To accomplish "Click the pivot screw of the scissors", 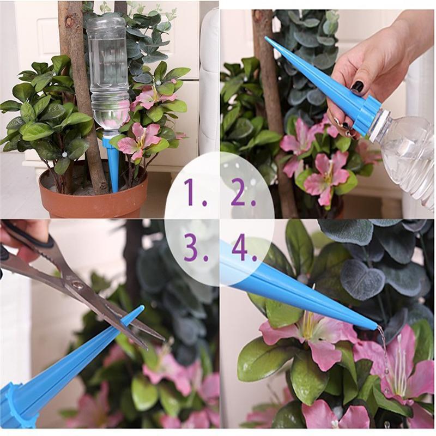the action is tap(76, 284).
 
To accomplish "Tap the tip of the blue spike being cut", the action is tap(142, 307).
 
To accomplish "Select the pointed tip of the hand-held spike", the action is tap(267, 38).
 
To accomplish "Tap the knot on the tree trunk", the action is tap(71, 21).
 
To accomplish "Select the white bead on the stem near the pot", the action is tap(64, 154).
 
